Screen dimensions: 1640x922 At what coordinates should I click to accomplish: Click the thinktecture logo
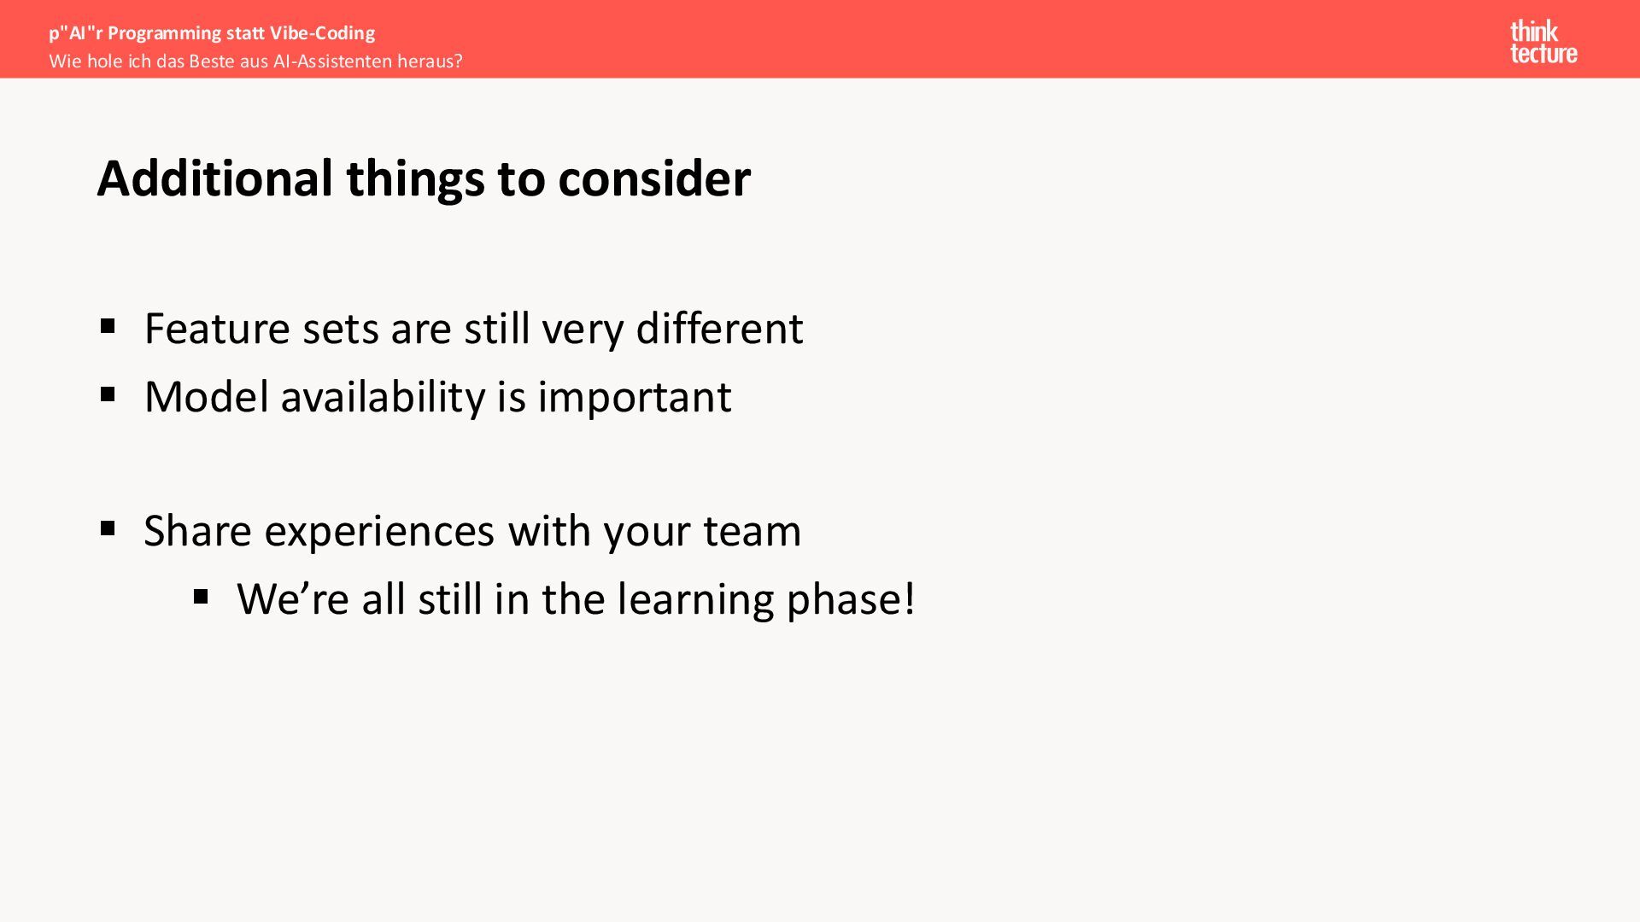coord(1543,42)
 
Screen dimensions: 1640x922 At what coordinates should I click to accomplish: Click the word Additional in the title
coord(215,178)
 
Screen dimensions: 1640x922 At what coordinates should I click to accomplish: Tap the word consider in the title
coord(654,178)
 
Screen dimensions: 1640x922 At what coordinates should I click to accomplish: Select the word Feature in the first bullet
coord(218,329)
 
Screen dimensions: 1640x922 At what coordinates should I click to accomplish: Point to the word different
coord(719,328)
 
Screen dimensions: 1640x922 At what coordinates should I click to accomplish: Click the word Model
coord(207,396)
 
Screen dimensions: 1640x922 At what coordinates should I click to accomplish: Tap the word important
coord(635,397)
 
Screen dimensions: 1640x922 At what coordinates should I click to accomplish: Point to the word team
coord(752,532)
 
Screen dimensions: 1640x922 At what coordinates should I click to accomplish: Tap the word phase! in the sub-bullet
coord(851,600)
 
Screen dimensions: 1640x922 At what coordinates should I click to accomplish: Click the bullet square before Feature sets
coord(108,326)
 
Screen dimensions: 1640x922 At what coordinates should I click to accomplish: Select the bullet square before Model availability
coord(108,394)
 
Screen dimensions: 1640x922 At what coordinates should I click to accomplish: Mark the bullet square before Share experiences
coord(108,528)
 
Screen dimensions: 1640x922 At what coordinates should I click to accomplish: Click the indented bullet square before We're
coord(201,596)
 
